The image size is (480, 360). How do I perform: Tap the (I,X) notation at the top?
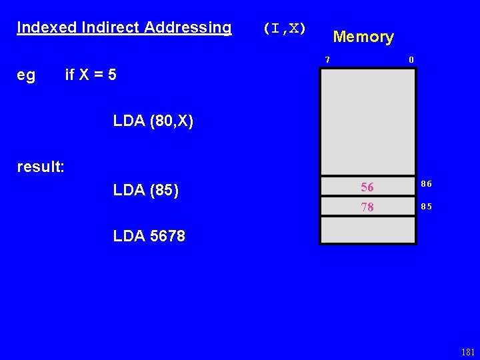point(285,28)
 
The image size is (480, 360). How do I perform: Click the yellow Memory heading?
point(363,37)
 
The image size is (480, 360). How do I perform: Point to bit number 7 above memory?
point(327,60)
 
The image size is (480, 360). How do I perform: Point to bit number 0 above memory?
point(411,60)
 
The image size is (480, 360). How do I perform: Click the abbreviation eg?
point(26,75)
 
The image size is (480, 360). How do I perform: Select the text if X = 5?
point(91,75)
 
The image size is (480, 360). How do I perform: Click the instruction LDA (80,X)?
point(153,121)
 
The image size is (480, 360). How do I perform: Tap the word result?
point(41,167)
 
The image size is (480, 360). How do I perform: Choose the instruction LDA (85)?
point(146,191)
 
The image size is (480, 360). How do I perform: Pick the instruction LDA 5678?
point(149,236)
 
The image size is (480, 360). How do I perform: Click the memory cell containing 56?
point(367,187)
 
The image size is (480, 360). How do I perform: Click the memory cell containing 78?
point(367,207)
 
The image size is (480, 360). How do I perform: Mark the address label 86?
point(426,183)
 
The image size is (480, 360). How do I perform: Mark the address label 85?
point(426,207)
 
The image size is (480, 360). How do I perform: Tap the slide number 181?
point(467,353)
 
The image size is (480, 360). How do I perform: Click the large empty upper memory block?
point(367,120)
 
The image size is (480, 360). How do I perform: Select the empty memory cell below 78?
point(367,230)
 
